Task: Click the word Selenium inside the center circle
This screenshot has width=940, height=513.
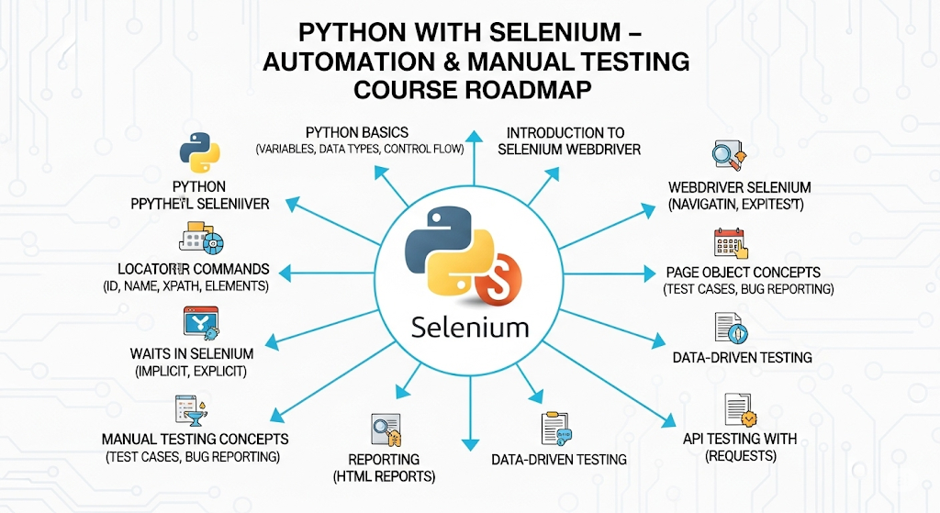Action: (470, 327)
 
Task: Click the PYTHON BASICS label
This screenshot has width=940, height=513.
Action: (357, 132)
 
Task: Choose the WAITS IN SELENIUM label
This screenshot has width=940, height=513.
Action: (193, 353)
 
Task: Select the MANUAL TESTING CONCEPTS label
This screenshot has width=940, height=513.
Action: (195, 440)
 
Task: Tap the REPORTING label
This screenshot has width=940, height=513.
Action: (384, 459)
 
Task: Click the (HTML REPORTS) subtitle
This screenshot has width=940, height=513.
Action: (384, 476)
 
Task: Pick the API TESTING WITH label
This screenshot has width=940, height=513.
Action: (740, 439)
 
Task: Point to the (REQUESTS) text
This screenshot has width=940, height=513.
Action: (740, 456)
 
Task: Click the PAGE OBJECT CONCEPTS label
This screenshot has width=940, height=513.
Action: (743, 273)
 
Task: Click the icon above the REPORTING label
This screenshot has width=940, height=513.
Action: (386, 429)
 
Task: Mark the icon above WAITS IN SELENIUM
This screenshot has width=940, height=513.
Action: (202, 324)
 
